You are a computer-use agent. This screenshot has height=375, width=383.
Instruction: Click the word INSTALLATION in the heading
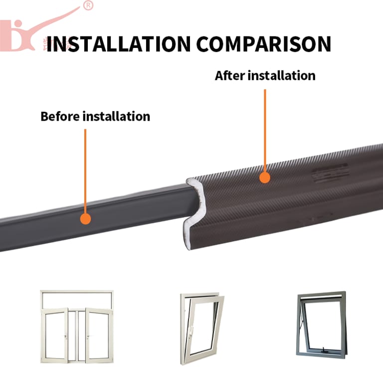coord(119,44)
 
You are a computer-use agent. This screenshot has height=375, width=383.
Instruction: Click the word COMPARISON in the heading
coord(264,44)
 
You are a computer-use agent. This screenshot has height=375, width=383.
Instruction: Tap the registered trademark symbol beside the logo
coord(88,5)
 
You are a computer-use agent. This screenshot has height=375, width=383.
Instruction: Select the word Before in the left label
coord(60,116)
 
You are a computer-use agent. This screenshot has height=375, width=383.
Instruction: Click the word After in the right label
coord(230,75)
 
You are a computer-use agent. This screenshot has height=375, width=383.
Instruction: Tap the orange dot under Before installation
coord(85,218)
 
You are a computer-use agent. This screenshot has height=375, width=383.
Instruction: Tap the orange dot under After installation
coord(265,178)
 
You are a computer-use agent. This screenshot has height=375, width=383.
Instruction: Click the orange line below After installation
coord(265,131)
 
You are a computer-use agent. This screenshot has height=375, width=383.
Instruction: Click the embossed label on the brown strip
coord(330,173)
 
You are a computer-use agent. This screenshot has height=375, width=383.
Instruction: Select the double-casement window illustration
coord(77,327)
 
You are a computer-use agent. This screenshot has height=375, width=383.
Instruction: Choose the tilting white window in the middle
coord(202,329)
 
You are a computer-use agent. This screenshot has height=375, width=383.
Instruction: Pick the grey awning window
coord(322,325)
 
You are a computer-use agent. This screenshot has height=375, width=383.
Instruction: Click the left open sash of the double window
coord(54,335)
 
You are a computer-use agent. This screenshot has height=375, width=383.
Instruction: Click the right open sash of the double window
coord(99,335)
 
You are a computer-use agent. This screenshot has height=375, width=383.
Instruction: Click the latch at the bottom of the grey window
coord(325,350)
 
